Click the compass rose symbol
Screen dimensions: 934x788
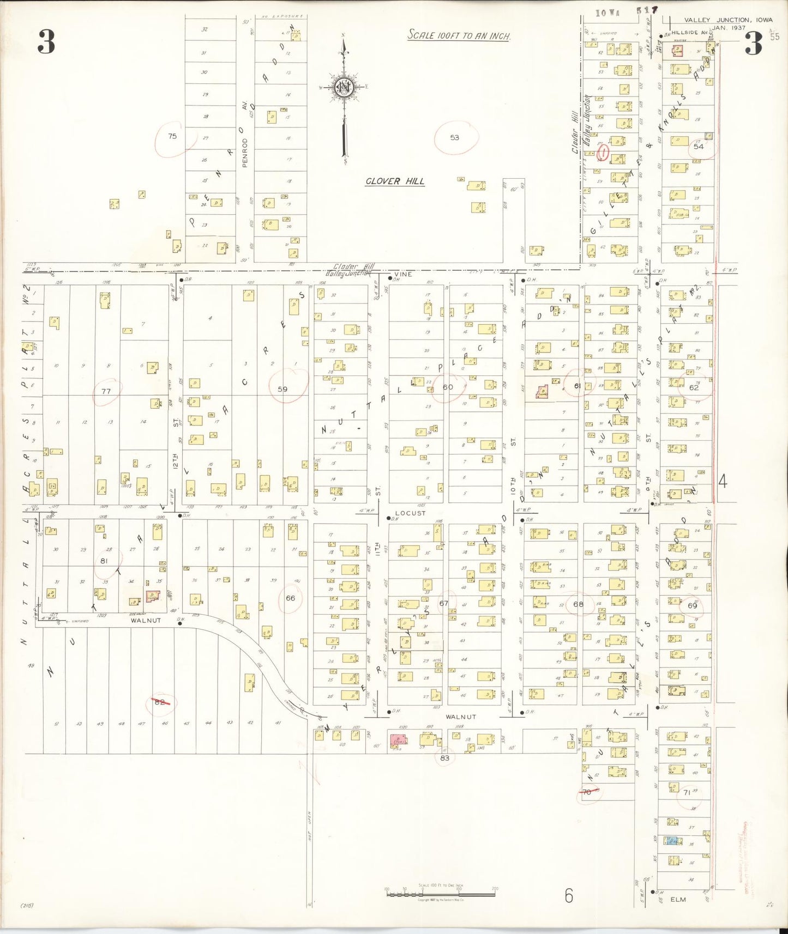click(x=344, y=87)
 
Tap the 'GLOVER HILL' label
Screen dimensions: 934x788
click(x=395, y=181)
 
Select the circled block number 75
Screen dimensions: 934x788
click(x=172, y=136)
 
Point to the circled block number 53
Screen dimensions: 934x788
click(x=455, y=137)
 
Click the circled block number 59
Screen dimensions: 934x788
click(x=282, y=389)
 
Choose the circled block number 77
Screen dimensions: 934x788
click(x=106, y=391)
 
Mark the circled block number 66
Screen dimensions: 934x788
click(x=290, y=598)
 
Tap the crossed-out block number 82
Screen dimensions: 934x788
click(x=160, y=701)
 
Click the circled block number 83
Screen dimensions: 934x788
click(x=444, y=758)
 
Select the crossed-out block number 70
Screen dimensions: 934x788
click(x=587, y=792)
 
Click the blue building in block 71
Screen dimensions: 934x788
click(x=672, y=841)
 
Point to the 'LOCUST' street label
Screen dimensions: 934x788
click(x=410, y=513)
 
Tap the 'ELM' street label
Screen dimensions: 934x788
click(x=678, y=900)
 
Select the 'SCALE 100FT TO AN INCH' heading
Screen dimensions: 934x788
click(x=459, y=36)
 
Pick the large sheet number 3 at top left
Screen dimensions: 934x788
click(x=46, y=43)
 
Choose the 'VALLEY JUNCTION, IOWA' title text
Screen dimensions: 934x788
click(x=728, y=20)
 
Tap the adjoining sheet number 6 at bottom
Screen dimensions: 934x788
click(x=569, y=896)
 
